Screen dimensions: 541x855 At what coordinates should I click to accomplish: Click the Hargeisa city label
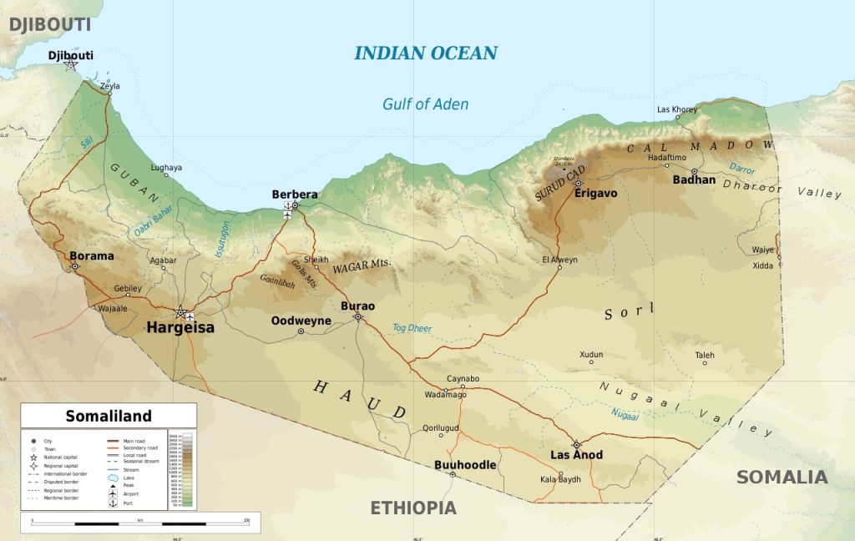[180, 328]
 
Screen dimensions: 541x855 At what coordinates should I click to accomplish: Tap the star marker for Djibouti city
[71, 64]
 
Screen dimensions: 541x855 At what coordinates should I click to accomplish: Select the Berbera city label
[295, 195]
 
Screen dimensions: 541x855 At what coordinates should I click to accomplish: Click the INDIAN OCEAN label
[426, 53]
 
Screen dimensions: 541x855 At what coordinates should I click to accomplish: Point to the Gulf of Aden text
[425, 104]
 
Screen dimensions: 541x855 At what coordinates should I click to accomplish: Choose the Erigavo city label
[595, 194]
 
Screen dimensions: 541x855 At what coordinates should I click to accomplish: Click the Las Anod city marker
[576, 444]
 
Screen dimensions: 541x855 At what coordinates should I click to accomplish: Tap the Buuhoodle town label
[465, 464]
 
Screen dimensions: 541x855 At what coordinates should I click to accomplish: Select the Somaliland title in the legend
[109, 416]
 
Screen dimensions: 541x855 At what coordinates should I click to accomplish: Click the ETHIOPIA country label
[413, 508]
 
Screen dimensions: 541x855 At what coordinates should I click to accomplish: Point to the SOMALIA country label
[782, 478]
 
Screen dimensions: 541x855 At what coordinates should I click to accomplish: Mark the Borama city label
[91, 255]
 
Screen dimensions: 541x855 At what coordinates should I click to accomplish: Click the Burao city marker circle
[358, 316]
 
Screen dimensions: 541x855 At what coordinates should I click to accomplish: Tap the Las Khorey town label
[677, 109]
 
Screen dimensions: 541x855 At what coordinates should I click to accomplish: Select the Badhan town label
[694, 179]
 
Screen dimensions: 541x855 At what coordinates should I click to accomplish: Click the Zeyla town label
[109, 86]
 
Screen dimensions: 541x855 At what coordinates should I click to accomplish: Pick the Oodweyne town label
[301, 321]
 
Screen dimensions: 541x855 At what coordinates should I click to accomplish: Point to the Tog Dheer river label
[412, 328]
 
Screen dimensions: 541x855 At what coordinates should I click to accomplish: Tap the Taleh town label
[705, 354]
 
